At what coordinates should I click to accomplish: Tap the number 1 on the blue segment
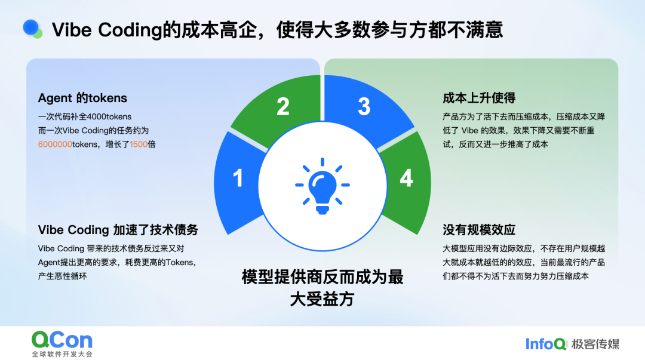(238, 179)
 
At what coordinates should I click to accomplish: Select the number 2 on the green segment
(283, 106)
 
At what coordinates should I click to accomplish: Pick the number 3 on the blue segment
(364, 106)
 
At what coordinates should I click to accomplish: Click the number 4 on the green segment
(406, 178)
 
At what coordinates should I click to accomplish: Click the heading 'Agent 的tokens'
(82, 98)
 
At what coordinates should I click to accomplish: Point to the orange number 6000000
(55, 144)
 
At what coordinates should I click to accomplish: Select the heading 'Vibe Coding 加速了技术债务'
(118, 230)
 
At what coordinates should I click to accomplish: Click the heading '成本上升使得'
(479, 98)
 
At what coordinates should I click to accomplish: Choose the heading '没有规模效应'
(479, 230)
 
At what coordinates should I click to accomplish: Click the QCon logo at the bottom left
(62, 340)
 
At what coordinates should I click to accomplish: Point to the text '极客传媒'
(595, 344)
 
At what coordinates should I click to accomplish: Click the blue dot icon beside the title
(32, 27)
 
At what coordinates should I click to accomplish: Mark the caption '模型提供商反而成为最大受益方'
(322, 288)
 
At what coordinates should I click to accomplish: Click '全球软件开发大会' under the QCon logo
(62, 354)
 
